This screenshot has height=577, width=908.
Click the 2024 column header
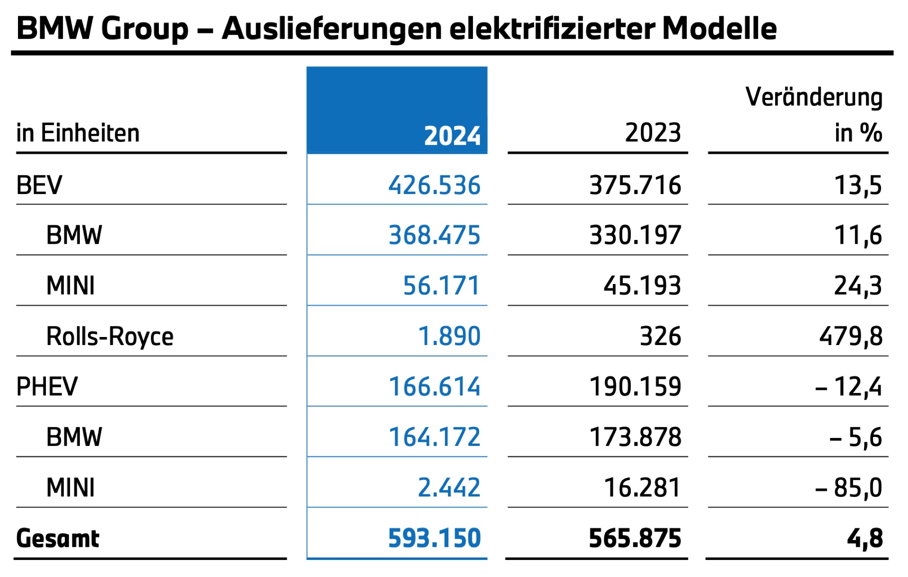click(452, 136)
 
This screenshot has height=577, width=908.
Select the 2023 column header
click(653, 133)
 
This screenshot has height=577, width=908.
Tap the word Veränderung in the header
click(814, 97)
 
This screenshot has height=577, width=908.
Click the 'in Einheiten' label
click(78, 133)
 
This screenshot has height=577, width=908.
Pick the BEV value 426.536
click(434, 185)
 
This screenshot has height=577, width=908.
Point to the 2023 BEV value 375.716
click(635, 185)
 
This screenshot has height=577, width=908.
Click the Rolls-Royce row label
click(110, 337)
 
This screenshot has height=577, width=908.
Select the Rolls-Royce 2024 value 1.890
click(449, 337)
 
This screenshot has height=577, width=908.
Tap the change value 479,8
click(851, 337)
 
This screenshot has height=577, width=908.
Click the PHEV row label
click(47, 387)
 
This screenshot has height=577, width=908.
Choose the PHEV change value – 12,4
click(848, 387)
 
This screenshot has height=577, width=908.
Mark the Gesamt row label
click(58, 538)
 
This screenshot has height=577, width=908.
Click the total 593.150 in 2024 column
click(434, 538)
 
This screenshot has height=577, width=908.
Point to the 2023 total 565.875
click(635, 538)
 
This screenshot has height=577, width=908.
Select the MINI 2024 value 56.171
click(441, 286)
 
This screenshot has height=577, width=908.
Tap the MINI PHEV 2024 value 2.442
click(449, 488)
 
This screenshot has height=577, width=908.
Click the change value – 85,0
click(848, 488)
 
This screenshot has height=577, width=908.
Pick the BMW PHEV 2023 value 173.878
click(635, 437)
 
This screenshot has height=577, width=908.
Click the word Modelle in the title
click(719, 28)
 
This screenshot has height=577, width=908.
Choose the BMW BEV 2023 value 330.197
click(635, 235)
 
